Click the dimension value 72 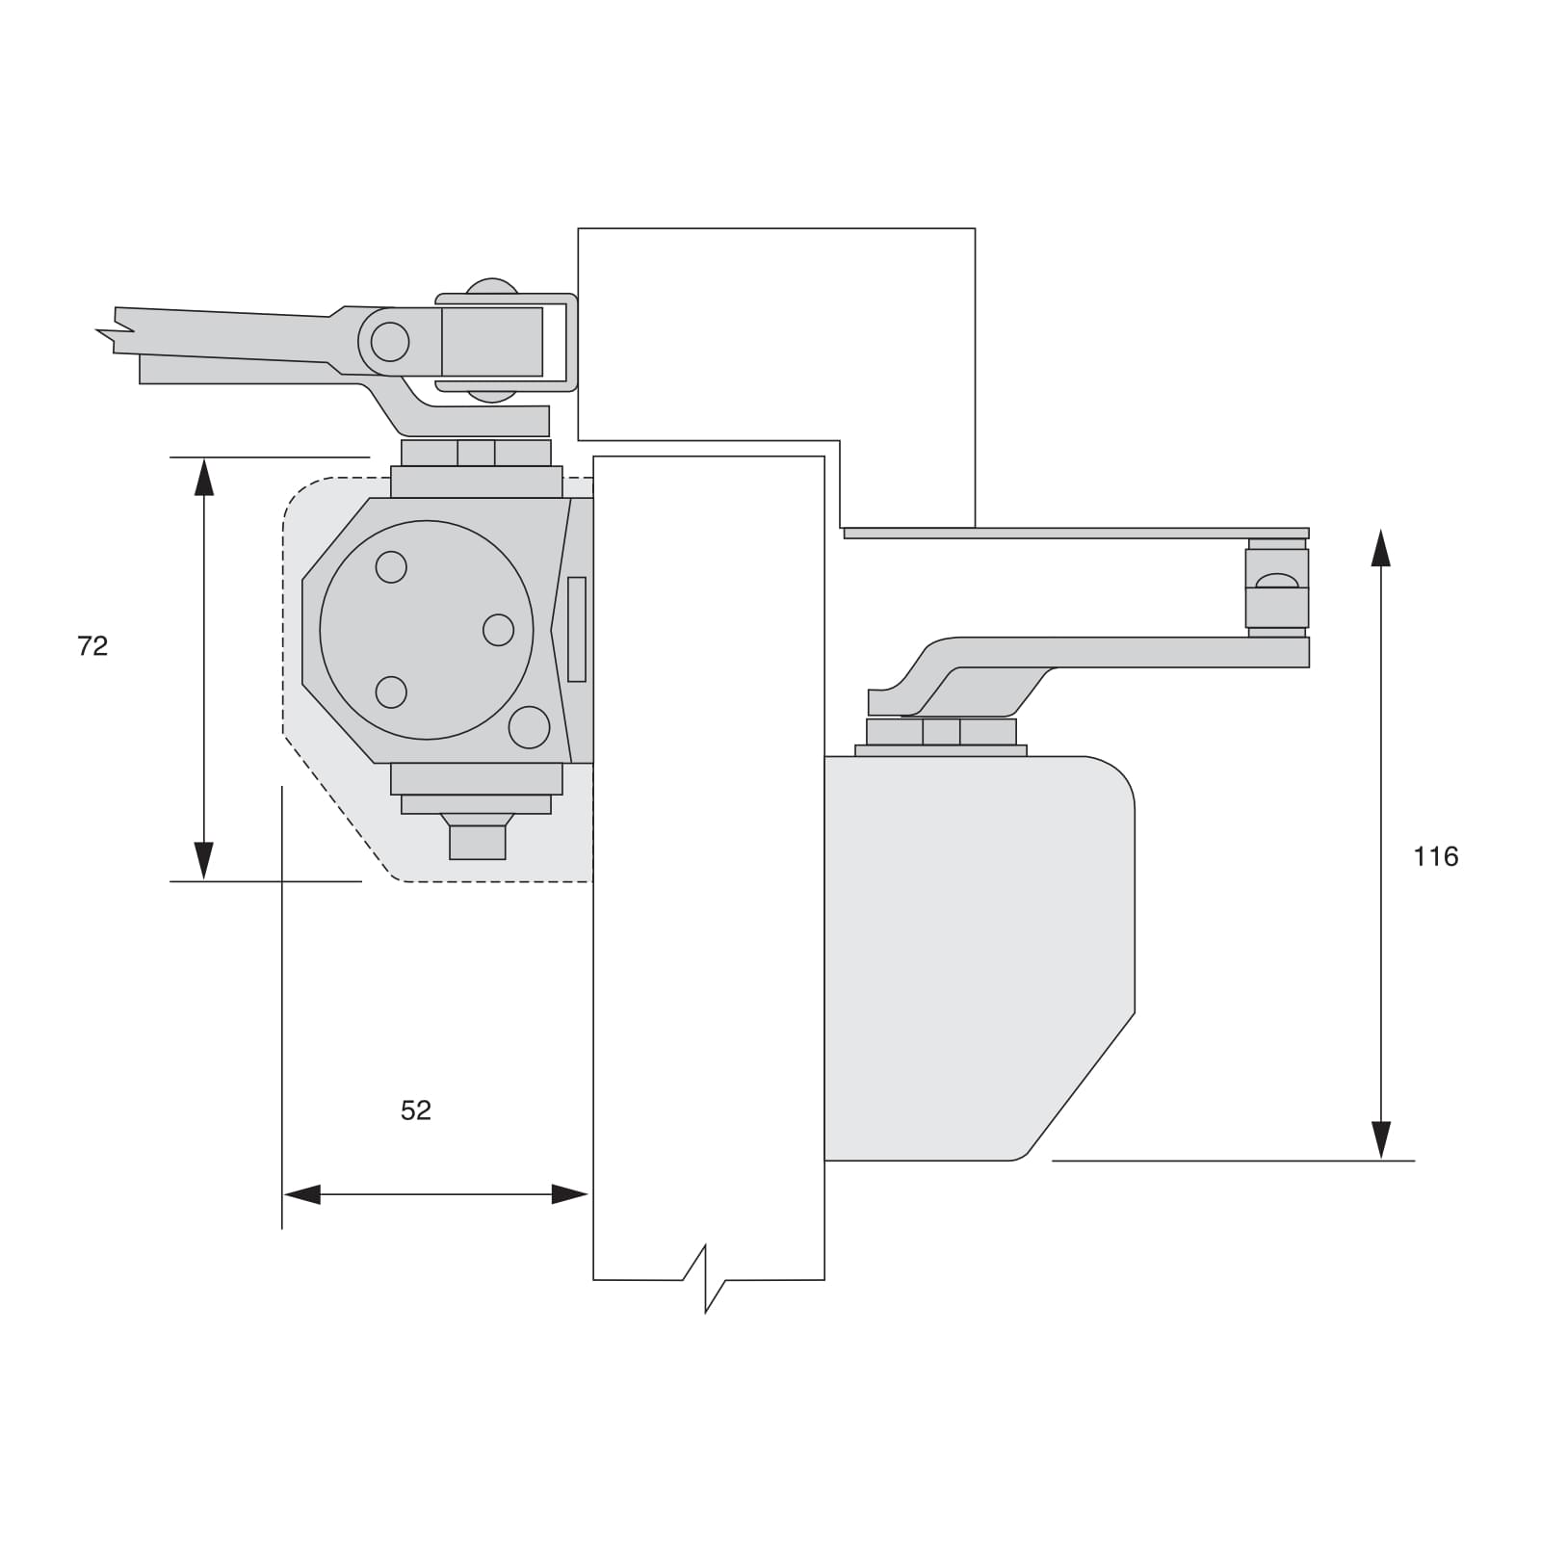(92, 646)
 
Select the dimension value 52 (416, 1110)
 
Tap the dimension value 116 (1435, 856)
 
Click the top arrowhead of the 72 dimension (204, 477)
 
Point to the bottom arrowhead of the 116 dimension (1381, 1140)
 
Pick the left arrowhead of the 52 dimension (301, 1195)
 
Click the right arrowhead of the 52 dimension (569, 1195)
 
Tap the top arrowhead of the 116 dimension (1381, 548)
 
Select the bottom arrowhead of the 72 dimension (204, 861)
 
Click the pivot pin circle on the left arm (390, 342)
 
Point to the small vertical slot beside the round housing (577, 630)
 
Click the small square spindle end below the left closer (478, 842)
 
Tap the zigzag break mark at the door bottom (706, 1279)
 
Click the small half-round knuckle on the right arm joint (1277, 581)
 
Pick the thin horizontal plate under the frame (1076, 533)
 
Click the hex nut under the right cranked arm (941, 732)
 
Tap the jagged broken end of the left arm (116, 332)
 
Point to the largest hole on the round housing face (529, 727)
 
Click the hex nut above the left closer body (476, 453)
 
